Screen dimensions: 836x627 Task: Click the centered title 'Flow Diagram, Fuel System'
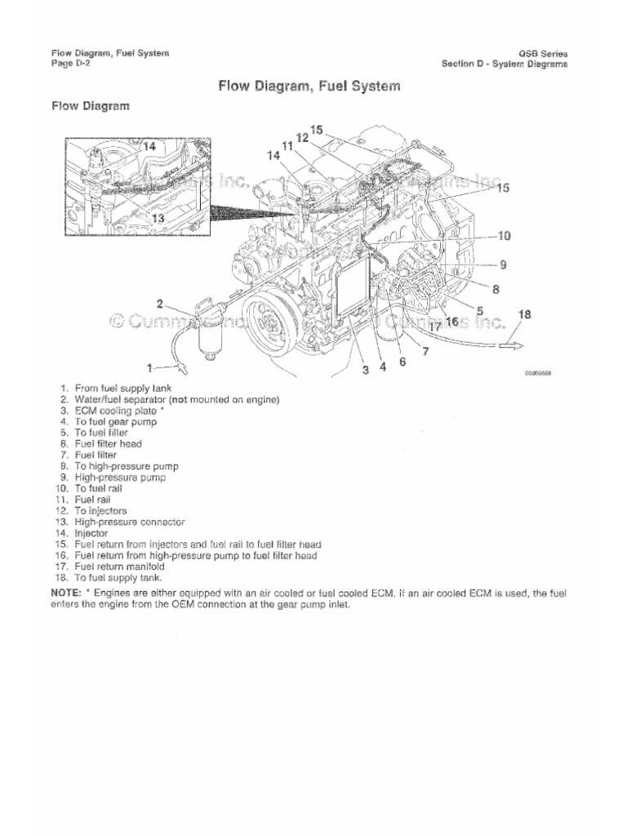point(309,86)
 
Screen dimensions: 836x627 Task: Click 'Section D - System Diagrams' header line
point(505,64)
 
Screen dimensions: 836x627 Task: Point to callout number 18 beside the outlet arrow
point(524,314)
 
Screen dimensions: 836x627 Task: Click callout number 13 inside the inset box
point(158,218)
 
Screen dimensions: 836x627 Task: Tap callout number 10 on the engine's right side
point(504,236)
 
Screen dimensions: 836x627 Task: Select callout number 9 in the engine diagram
point(504,265)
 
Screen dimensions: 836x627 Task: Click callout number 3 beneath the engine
point(367,369)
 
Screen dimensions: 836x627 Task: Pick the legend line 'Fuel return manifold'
point(118,566)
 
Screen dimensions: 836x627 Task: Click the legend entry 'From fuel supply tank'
point(122,389)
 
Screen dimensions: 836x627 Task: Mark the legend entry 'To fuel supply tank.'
point(118,576)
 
